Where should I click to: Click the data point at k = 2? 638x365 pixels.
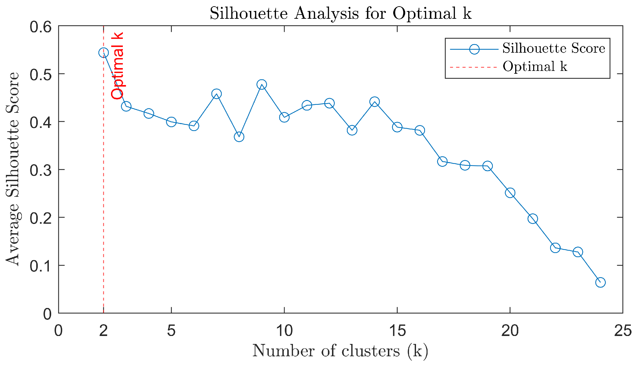103,53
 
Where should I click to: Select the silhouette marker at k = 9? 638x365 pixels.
262,85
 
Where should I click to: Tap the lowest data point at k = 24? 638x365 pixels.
600,282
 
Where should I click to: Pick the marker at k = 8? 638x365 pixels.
239,137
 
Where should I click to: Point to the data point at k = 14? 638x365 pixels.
375,102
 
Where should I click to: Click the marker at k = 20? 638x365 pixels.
510,193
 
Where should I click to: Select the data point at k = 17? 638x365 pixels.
442,162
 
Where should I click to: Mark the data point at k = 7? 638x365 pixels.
216,94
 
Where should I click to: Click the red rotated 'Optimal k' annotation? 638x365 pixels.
117,66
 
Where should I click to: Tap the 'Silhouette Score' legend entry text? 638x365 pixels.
554,48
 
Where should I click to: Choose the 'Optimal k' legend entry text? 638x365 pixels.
535,67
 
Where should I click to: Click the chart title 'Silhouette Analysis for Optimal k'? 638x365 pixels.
340,13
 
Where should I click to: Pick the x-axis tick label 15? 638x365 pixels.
397,331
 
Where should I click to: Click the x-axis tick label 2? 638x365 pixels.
103,331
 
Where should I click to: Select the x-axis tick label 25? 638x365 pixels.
623,331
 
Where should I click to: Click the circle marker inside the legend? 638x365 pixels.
474,49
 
